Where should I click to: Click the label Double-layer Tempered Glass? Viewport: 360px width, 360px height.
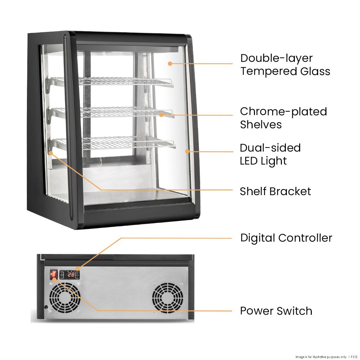[285, 64]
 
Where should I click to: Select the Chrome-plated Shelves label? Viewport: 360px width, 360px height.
[283, 118]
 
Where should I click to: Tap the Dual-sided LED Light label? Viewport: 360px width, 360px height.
[270, 154]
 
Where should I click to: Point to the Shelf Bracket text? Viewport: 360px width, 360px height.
[275, 191]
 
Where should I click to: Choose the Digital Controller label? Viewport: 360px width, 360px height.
[286, 238]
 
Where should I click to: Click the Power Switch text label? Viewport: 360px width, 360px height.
[276, 311]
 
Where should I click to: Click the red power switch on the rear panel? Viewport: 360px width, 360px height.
[54, 275]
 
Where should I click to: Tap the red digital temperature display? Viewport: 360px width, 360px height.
[70, 275]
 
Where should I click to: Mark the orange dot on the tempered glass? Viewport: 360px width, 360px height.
[170, 63]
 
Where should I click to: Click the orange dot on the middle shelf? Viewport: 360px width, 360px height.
[162, 115]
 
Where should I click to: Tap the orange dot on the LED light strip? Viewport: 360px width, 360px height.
[187, 151]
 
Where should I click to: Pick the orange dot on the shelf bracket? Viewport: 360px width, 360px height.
[51, 153]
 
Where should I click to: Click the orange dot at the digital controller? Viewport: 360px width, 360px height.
[77, 268]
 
